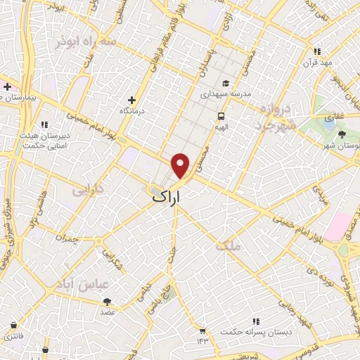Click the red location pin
181,165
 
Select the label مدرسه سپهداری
224,93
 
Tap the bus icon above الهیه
221,115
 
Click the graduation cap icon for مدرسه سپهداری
224,83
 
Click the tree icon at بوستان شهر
342,134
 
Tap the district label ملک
229,246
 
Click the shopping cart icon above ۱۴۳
202,330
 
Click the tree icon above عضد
107,301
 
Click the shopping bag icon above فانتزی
15,325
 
